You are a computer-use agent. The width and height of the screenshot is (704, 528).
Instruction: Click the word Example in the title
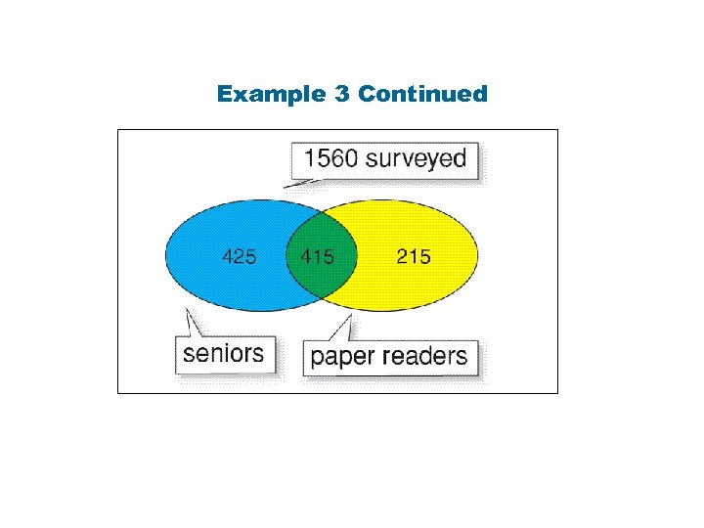257,94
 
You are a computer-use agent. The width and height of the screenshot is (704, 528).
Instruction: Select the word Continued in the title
422,94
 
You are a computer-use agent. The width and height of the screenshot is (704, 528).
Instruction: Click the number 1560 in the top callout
330,159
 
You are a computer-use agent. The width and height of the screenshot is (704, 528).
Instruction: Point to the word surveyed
416,159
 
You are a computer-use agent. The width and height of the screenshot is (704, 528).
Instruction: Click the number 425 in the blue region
240,257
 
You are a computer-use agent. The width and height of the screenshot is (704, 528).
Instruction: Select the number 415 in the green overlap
318,257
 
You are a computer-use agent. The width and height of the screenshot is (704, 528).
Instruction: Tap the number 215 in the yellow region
414,257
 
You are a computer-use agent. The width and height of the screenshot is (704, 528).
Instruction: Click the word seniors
224,353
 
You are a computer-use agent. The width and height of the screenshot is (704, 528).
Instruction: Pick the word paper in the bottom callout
343,356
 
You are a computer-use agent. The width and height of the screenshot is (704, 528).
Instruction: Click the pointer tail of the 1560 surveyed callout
293,179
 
